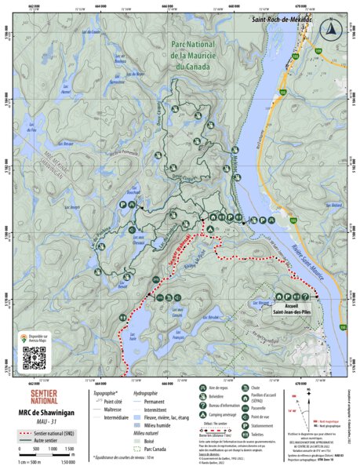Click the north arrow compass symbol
[x=332, y=30]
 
